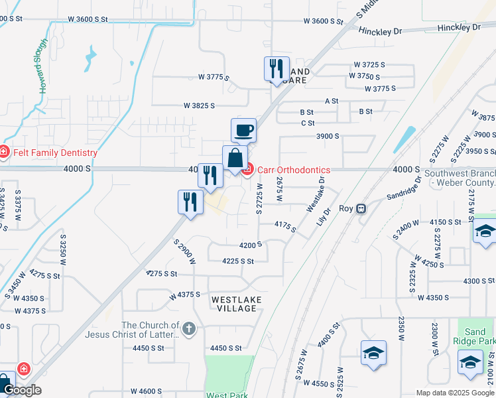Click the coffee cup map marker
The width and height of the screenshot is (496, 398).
coord(243,130)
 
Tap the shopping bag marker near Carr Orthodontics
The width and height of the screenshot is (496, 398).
coord(235,159)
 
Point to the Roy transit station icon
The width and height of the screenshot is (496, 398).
coord(361,208)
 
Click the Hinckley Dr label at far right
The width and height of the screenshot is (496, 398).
coord(459,28)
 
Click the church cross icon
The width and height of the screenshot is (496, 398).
coord(189,328)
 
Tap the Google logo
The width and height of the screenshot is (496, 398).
coord(21,390)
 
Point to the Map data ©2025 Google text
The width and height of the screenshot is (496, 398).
coord(454,393)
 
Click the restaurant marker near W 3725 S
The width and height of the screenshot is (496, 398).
coord(276,69)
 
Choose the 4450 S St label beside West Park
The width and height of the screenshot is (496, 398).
coord(226,348)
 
